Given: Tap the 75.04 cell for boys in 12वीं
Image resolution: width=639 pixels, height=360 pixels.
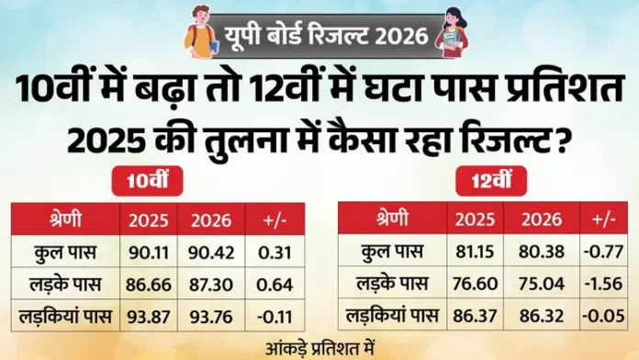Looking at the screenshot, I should (537, 282).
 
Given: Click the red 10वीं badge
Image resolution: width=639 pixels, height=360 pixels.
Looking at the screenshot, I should (148, 184).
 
